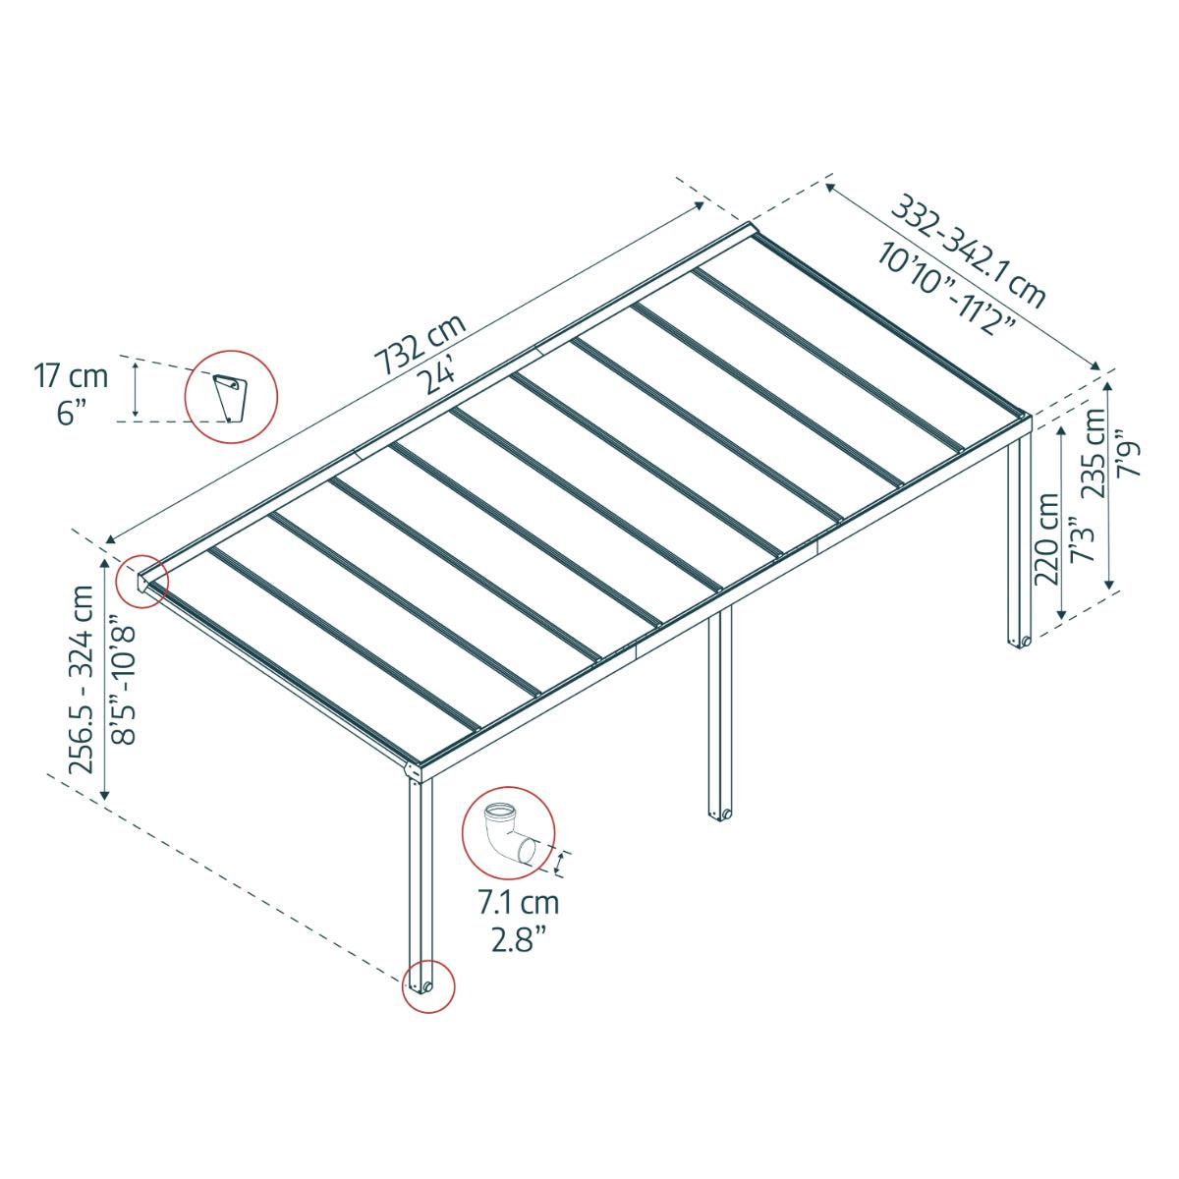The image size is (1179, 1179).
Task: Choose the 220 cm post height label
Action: point(1047,538)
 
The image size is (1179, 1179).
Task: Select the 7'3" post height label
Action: point(1080,539)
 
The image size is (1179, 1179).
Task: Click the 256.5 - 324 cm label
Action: point(83,679)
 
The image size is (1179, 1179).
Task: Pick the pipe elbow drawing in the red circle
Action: point(507,831)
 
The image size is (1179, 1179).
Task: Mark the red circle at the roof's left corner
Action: point(142,581)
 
